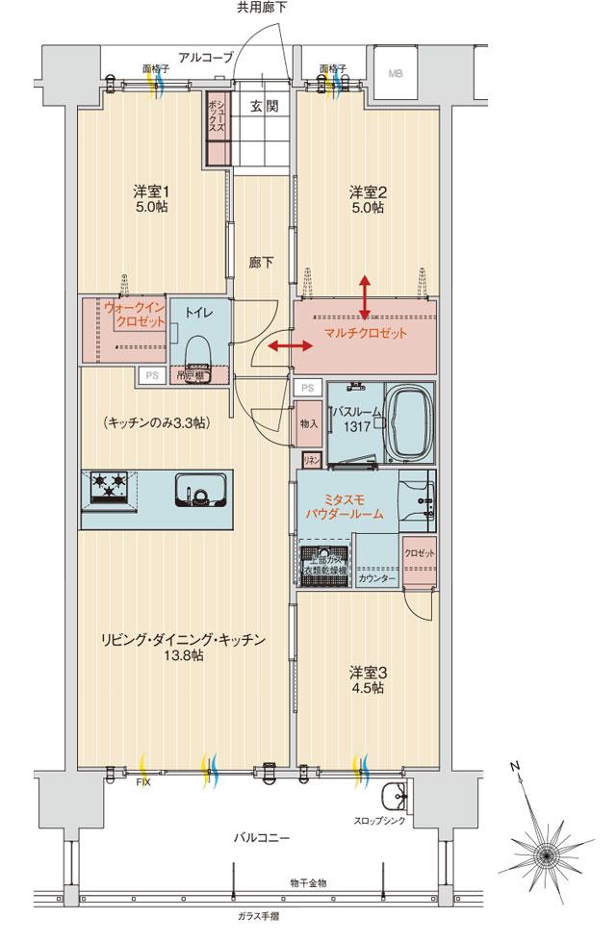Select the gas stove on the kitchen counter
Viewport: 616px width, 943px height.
click(x=110, y=490)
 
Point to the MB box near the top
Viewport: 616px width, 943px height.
click(x=396, y=72)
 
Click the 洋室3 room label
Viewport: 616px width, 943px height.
click(x=366, y=679)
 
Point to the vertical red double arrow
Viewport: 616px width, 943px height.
click(x=365, y=294)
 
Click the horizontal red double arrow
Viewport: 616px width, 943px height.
click(x=288, y=345)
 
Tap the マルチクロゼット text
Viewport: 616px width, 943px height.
click(x=365, y=334)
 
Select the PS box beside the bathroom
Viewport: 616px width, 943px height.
click(x=307, y=387)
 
